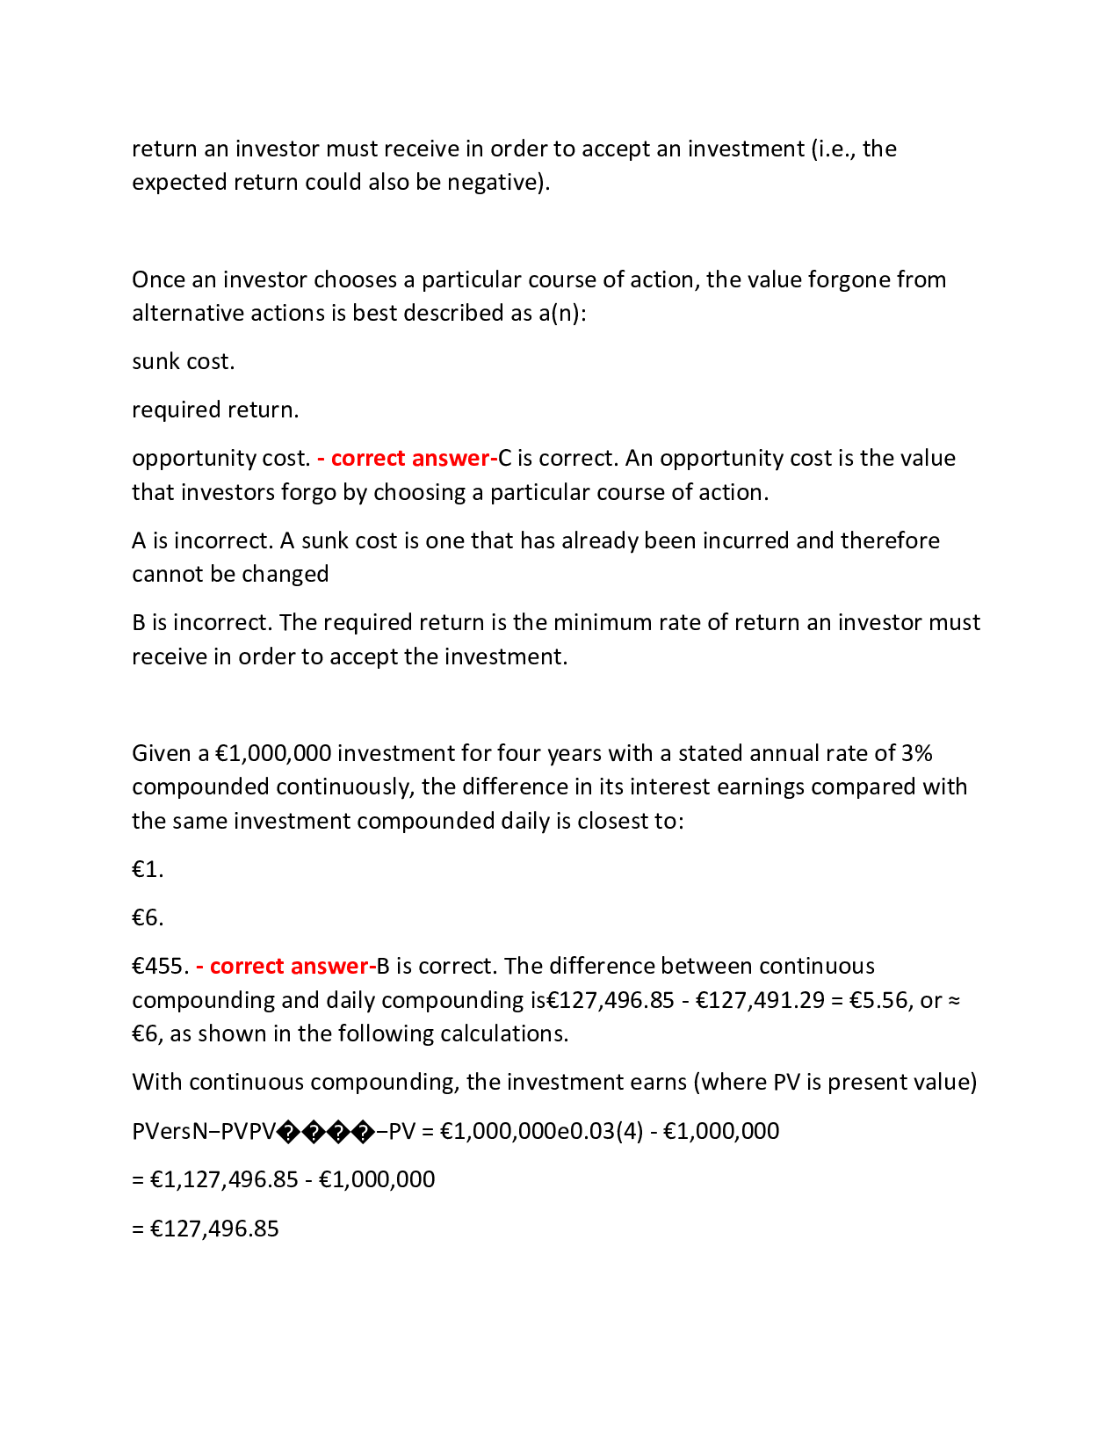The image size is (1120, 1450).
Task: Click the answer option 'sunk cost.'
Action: pos(183,362)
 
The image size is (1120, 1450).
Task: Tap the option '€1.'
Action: pos(148,870)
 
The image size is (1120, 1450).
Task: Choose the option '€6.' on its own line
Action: pos(148,918)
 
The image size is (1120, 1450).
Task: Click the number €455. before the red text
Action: pos(160,967)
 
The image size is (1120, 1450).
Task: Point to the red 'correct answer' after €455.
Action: pos(288,967)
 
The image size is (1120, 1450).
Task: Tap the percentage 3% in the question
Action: pos(916,754)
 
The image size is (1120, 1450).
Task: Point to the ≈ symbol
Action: pos(954,1001)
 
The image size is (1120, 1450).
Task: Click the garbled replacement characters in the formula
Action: pos(326,1132)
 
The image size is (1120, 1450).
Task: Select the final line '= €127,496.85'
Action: pos(206,1229)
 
